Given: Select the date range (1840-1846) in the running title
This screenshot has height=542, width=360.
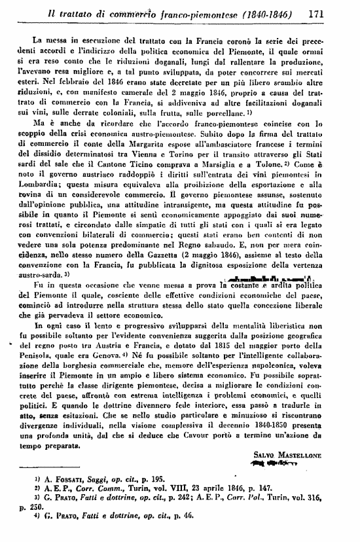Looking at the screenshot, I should (x=266, y=13).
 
